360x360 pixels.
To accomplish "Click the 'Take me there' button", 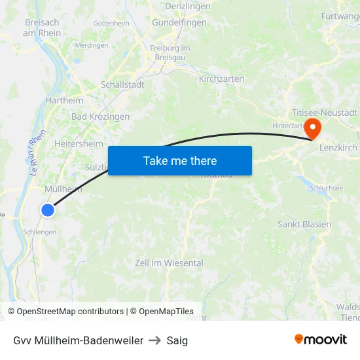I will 180,160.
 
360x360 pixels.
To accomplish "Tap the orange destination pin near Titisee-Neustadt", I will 313,127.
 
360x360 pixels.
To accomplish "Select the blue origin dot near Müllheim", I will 48,210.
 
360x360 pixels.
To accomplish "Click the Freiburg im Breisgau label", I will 170,53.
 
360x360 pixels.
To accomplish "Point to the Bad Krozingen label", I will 100,117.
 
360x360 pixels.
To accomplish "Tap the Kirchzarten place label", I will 221,79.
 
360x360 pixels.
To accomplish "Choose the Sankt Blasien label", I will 304,224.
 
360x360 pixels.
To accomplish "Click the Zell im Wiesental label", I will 169,263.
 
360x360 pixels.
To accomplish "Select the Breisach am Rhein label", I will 43,27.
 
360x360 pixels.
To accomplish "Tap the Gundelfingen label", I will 179,22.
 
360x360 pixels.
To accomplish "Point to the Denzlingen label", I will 188,6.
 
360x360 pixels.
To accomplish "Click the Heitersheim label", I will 79,143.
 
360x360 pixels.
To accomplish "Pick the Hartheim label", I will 64,100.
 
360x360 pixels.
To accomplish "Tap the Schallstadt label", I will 122,84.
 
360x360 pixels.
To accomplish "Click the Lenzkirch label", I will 338,148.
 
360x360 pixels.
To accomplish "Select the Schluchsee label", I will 326,187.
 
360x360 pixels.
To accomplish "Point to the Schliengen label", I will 39,232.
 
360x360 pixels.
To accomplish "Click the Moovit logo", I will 320,340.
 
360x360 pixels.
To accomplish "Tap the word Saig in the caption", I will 177,340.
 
